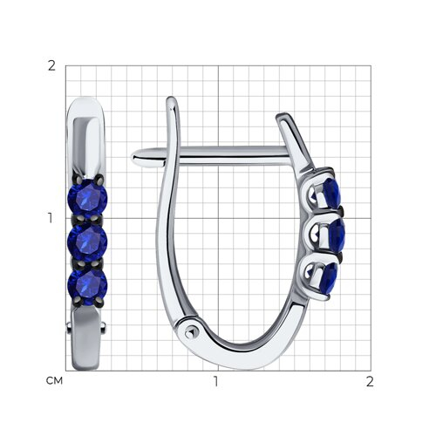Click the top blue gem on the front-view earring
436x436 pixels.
pos(87,199)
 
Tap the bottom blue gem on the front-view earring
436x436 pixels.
pos(87,285)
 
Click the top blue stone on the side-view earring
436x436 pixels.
pos(330,193)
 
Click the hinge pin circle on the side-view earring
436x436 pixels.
pos(190,332)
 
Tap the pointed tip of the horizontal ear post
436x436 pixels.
pos(133,158)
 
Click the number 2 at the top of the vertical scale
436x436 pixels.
pos(51,66)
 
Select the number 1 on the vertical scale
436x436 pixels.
pos(51,218)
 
